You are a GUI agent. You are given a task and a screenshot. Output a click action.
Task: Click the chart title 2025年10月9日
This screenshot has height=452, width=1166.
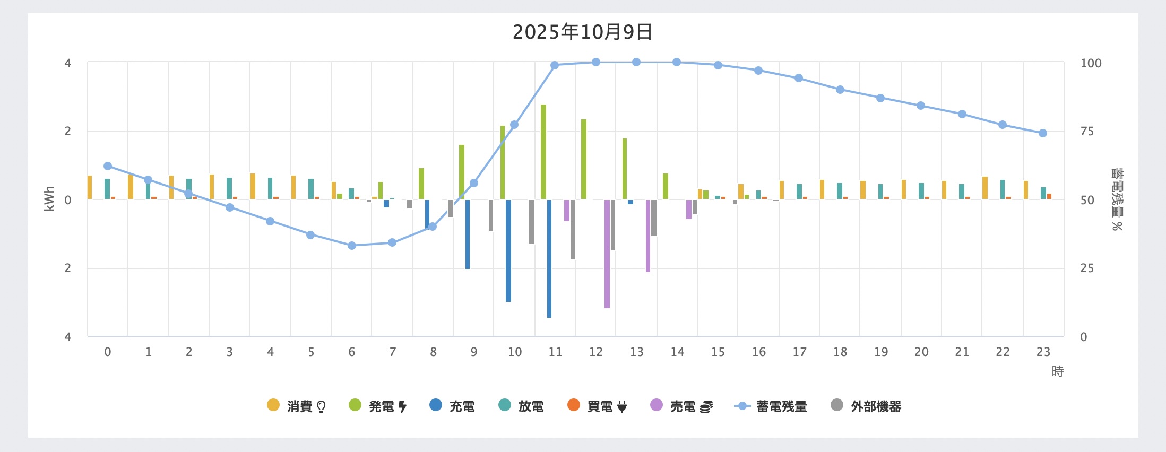(x=582, y=32)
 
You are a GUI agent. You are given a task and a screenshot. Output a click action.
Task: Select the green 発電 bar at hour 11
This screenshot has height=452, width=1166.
(x=543, y=152)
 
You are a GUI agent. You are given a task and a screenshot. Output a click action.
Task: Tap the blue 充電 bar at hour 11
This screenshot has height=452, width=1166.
(x=549, y=258)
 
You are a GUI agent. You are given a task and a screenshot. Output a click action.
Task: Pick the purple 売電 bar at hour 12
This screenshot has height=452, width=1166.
(x=607, y=254)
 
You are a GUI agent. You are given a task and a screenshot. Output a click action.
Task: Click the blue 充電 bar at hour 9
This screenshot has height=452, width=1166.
(x=468, y=234)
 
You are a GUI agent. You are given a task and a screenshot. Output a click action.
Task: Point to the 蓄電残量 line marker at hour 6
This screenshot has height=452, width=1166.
(x=352, y=246)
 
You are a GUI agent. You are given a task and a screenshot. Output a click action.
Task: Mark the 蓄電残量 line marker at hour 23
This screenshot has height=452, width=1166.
(x=1043, y=133)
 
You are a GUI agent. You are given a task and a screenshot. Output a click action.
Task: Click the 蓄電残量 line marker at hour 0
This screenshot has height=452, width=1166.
(x=108, y=166)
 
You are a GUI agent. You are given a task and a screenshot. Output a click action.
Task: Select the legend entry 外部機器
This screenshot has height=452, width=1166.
(x=866, y=406)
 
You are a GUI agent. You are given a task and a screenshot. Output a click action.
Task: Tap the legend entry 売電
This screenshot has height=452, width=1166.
(x=682, y=406)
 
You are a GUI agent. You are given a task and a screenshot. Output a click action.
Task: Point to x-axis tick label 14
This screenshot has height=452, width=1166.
(x=677, y=352)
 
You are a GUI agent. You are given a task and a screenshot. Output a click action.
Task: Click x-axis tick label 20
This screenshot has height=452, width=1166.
(x=921, y=352)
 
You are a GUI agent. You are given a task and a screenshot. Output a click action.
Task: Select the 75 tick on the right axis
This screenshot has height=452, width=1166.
(x=1087, y=131)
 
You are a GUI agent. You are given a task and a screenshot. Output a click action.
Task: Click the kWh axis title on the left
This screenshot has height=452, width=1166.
(x=49, y=199)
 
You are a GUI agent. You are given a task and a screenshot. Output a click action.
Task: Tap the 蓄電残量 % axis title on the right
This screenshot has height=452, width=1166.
(x=1117, y=199)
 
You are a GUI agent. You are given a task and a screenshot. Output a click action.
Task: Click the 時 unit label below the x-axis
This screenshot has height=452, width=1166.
(x=1058, y=371)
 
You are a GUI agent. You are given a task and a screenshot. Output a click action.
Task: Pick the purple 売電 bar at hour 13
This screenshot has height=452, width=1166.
(x=648, y=236)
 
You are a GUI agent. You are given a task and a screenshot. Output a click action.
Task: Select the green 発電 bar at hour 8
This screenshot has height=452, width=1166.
(x=421, y=184)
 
